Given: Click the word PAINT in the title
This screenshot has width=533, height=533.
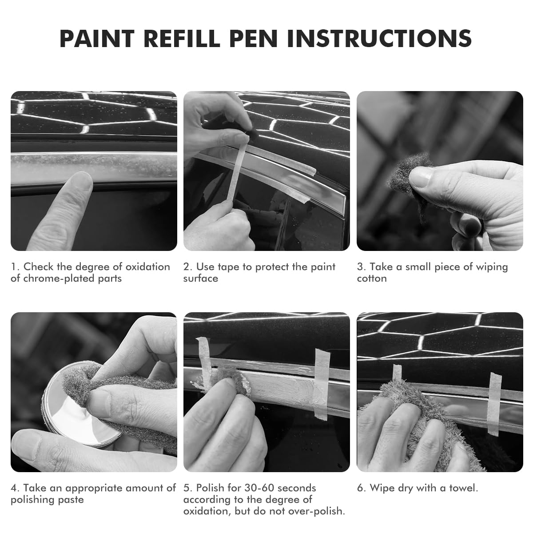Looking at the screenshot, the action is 97,39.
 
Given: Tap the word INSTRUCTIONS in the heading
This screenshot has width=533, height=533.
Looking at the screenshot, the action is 379,39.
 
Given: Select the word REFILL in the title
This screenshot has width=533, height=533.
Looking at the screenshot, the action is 182,39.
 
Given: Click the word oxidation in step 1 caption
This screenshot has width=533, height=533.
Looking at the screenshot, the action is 148,266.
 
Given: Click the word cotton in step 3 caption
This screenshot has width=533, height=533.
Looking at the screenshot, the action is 372,278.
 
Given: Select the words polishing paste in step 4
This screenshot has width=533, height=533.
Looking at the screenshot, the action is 47,500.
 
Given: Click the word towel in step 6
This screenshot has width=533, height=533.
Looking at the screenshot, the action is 464,488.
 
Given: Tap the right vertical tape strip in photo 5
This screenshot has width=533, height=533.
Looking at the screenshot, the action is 322,384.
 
